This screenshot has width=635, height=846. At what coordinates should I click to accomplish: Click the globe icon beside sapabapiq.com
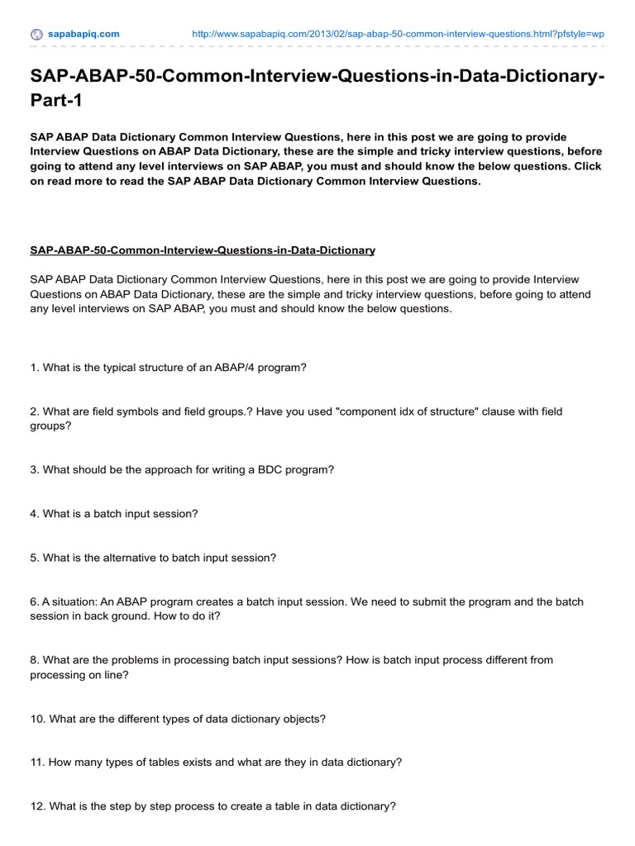point(36,34)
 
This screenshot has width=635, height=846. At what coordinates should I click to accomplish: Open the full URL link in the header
point(398,34)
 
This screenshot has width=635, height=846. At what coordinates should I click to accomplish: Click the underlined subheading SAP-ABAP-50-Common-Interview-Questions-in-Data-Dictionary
point(203,250)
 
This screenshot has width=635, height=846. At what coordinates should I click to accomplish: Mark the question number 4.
point(34,513)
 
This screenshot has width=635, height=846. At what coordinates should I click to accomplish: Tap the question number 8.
point(34,660)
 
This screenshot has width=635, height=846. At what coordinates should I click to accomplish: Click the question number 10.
point(37,719)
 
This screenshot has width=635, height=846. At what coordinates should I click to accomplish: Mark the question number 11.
point(37,763)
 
